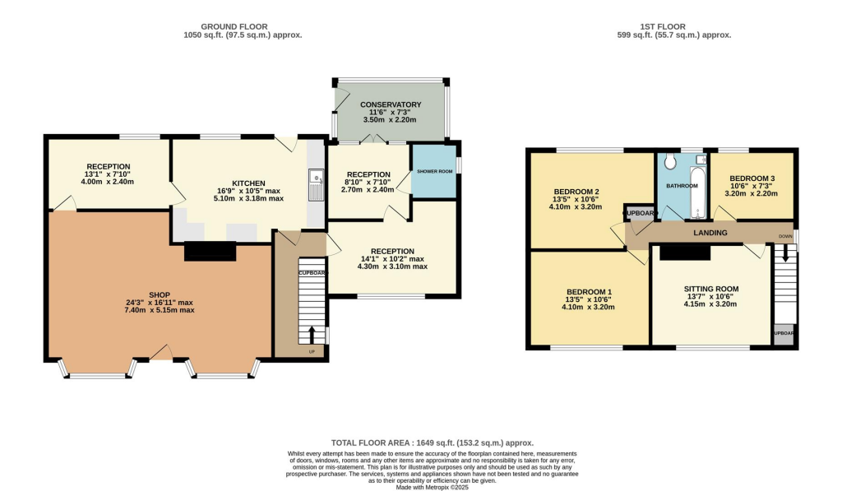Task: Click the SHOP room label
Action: [x=160, y=294]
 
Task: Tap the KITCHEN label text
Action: [x=248, y=183]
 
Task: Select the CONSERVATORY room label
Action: [x=391, y=104]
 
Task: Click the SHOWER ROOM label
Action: [x=433, y=171]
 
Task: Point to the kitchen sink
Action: [x=315, y=183]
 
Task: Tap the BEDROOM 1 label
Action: [x=588, y=292]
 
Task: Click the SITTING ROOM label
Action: [x=711, y=289]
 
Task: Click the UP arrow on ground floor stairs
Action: [x=312, y=336]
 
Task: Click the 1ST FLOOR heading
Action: [x=673, y=26]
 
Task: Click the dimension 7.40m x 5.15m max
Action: [x=160, y=310]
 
